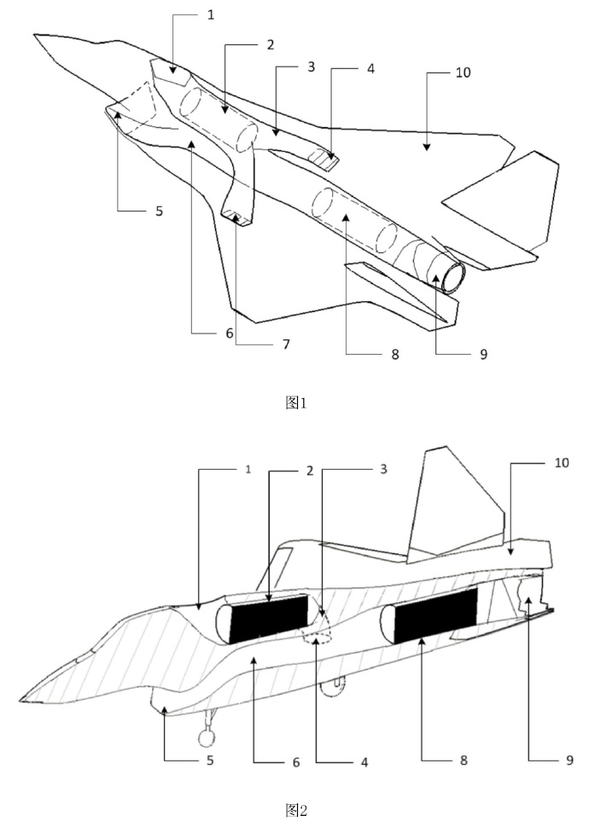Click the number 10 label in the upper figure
[464, 72]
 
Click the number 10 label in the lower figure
[561, 462]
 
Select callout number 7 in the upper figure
[287, 344]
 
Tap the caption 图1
[295, 402]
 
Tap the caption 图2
[295, 810]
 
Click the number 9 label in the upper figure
[483, 354]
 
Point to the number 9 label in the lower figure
[569, 760]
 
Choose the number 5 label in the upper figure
[159, 211]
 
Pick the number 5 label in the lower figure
[210, 760]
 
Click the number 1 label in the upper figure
[211, 15]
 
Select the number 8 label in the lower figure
[464, 760]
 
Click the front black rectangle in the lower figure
[270, 618]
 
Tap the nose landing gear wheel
[207, 738]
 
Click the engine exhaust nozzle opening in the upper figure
[452, 277]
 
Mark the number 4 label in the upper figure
[370, 68]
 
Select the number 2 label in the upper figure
[271, 45]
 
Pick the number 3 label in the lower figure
[383, 469]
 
